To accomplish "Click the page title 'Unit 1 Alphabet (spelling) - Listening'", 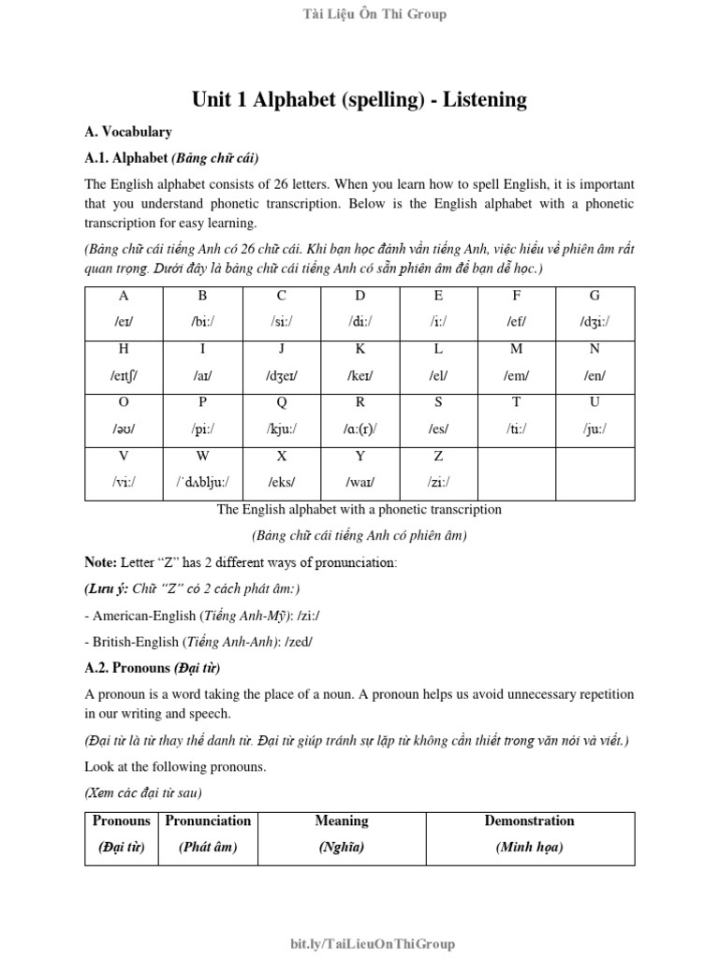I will point(359,99).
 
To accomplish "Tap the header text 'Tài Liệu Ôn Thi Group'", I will point(359,14).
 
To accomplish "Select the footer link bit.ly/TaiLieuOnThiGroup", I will point(359,944).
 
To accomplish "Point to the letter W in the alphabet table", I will point(202,457).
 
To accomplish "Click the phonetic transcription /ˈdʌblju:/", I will point(202,482).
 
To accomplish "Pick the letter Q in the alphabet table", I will point(281,402).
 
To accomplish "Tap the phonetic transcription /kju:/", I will point(281,428).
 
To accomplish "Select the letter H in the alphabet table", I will point(124,349).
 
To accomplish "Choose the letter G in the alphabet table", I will point(594,296).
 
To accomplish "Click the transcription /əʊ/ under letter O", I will point(124,428).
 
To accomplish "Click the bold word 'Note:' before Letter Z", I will point(101,563).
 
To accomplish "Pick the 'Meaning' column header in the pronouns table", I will point(342,820).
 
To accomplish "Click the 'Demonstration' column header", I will point(529,820).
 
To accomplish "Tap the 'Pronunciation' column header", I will point(208,820).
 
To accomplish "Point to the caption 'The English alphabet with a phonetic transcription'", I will point(359,510).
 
